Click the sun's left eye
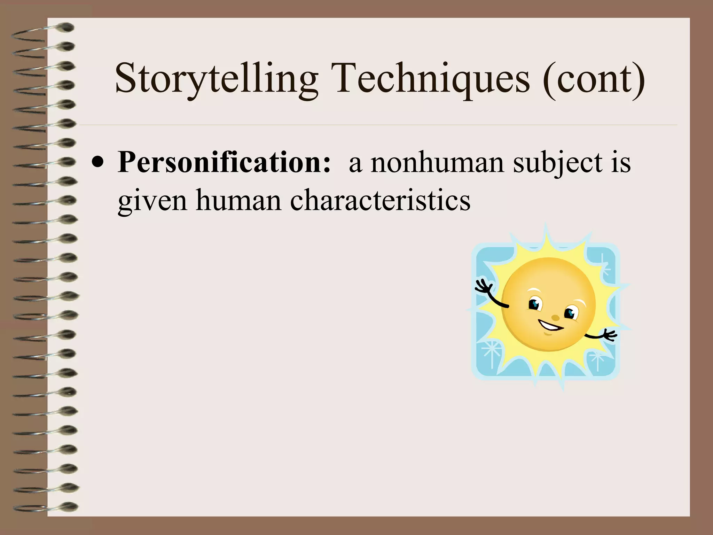pyautogui.click(x=535, y=304)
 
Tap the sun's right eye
pyautogui.click(x=570, y=313)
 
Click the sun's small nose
pyautogui.click(x=556, y=317)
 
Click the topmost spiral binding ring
pyautogui.click(x=66, y=28)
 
